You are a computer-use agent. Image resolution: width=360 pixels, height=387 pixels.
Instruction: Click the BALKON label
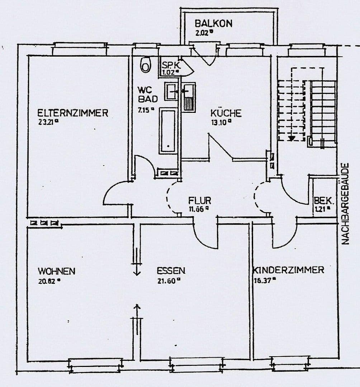click(x=213, y=24)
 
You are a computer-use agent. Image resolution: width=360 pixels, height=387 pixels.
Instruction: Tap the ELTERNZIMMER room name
click(x=73, y=113)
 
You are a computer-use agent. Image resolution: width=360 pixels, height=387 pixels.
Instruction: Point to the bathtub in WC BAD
click(x=168, y=131)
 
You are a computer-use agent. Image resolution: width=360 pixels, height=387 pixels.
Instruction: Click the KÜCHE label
click(x=226, y=113)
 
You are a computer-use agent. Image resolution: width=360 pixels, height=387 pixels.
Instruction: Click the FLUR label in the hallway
click(x=200, y=200)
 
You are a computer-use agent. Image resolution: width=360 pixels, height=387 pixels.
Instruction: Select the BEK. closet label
click(x=321, y=201)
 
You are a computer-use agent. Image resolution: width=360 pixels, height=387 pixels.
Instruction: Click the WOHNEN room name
click(x=57, y=271)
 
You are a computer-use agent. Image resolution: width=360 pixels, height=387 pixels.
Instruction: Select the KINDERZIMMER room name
click(x=289, y=270)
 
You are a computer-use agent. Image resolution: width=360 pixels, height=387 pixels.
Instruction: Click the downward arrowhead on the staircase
click(x=292, y=138)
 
